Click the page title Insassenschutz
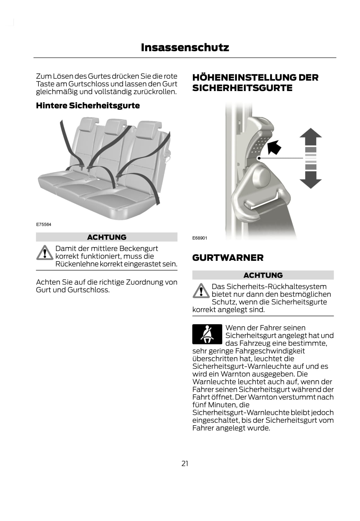pyautogui.click(x=185, y=48)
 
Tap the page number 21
pyautogui.click(x=185, y=464)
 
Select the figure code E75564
pyautogui.click(x=44, y=225)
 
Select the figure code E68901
pyautogui.click(x=200, y=238)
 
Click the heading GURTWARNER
pyautogui.click(x=228, y=258)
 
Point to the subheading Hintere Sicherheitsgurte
pyautogui.click(x=88, y=106)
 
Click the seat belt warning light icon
pyautogui.click(x=207, y=334)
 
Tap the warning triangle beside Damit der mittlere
pyautogui.click(x=45, y=253)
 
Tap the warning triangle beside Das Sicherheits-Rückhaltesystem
pyautogui.click(x=201, y=290)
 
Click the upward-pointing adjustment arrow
pyautogui.click(x=311, y=137)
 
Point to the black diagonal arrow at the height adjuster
pyautogui.click(x=274, y=147)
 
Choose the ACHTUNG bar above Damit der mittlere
pyautogui.click(x=107, y=237)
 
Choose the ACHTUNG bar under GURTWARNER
pyautogui.click(x=263, y=275)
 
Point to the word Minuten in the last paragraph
pyautogui.click(x=223, y=405)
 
